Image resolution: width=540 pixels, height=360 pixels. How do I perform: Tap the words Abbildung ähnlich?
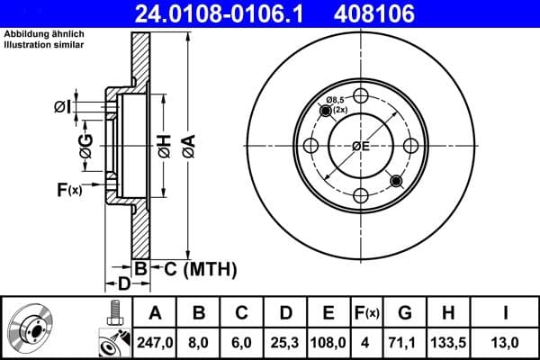(x=37, y=35)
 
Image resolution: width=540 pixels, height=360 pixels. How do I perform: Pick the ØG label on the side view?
(x=85, y=147)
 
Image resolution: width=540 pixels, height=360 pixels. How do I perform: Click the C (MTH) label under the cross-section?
(x=200, y=268)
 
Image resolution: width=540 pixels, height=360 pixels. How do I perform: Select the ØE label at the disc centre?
(x=361, y=147)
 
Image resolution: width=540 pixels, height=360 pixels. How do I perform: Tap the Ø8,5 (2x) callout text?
(x=337, y=103)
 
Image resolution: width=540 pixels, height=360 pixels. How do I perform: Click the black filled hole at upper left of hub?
(x=326, y=111)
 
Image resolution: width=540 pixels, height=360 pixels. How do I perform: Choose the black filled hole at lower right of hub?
(x=395, y=181)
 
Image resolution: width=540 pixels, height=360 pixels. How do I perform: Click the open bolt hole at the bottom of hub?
(x=361, y=195)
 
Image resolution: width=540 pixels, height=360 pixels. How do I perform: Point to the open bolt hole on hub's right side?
(x=409, y=146)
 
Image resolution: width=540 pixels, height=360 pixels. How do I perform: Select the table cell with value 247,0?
(x=156, y=343)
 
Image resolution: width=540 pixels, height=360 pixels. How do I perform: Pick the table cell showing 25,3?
(x=285, y=343)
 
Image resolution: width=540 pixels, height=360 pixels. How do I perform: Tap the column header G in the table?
(x=405, y=313)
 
